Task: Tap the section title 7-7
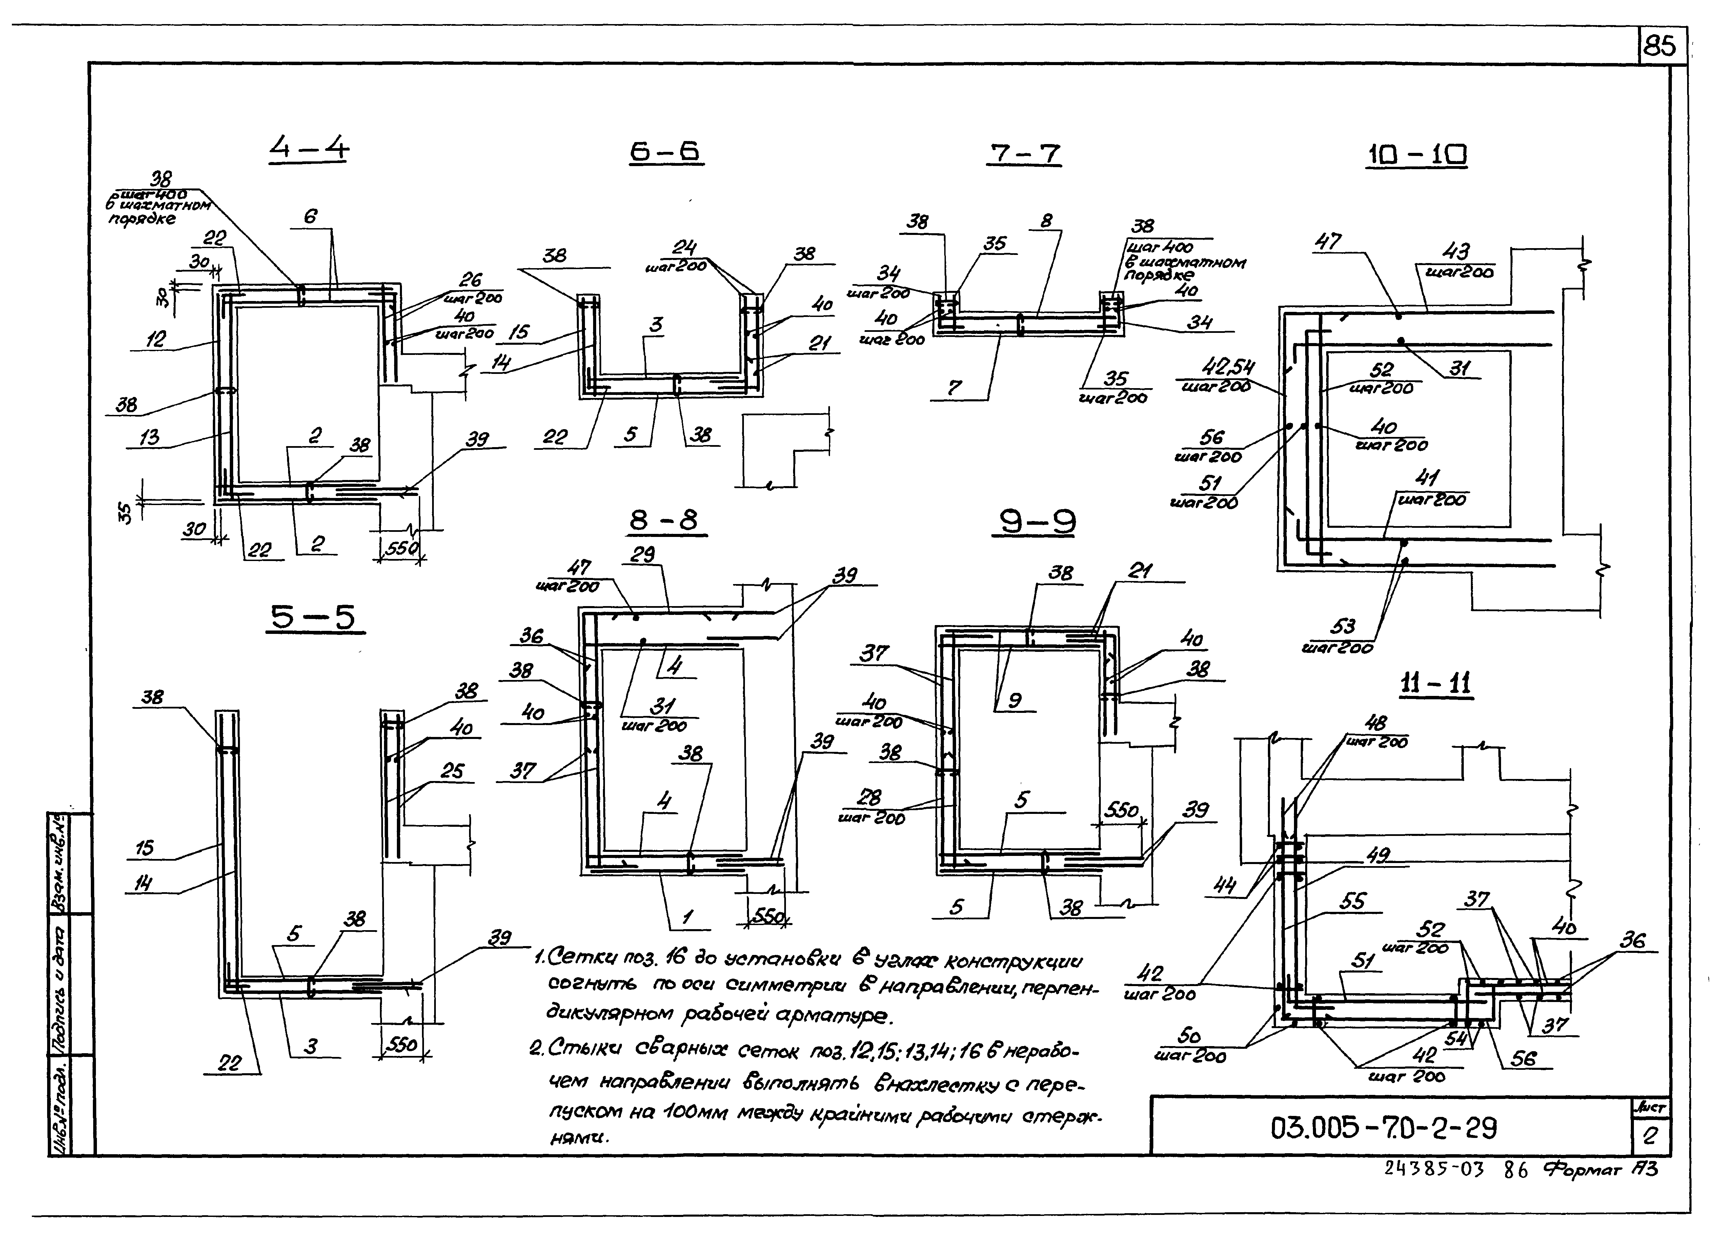click(1025, 154)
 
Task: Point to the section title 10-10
click(1416, 156)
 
